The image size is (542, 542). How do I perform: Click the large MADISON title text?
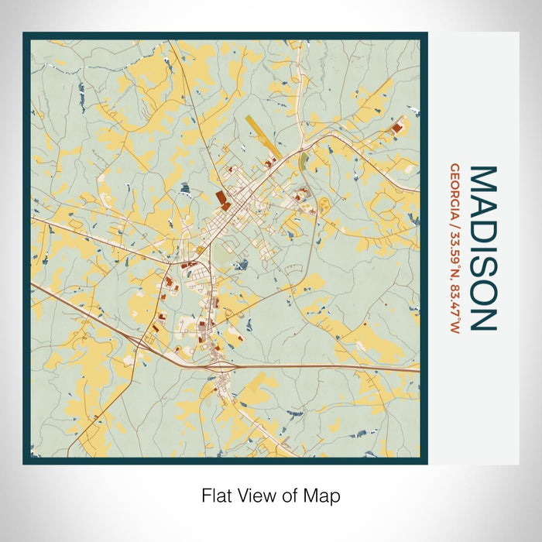(x=482, y=248)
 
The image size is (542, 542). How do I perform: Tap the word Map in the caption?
(x=324, y=495)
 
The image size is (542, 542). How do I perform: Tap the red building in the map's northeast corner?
(x=398, y=126)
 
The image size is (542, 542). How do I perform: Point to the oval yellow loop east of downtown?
(x=324, y=204)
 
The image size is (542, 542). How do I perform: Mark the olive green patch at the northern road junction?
(x=303, y=161)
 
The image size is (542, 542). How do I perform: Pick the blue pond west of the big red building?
(x=185, y=187)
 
